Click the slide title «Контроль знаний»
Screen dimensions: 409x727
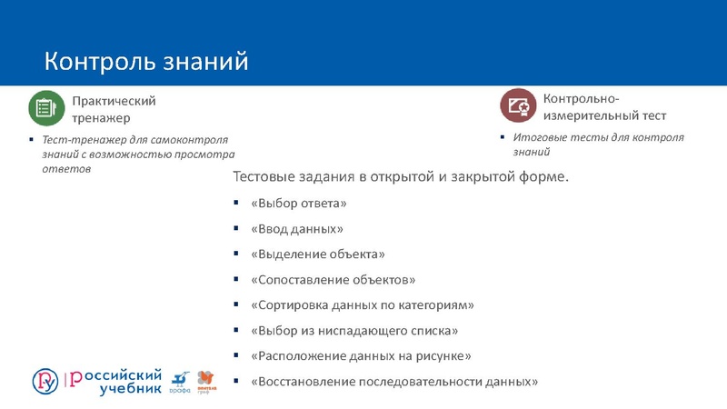pos(147,62)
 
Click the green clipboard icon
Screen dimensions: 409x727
pos(45,108)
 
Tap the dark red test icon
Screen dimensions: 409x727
pos(517,105)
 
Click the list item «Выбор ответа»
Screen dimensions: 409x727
pos(291,204)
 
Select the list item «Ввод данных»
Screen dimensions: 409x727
pos(289,229)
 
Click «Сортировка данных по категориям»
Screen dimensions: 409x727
pos(354,304)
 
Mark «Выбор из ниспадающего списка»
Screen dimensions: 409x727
pos(345,330)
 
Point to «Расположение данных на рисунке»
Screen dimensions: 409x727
pos(352,355)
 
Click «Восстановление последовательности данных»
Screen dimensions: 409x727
pos(386,381)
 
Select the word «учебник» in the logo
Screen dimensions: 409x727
pos(117,389)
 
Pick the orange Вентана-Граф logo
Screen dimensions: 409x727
pos(208,379)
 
